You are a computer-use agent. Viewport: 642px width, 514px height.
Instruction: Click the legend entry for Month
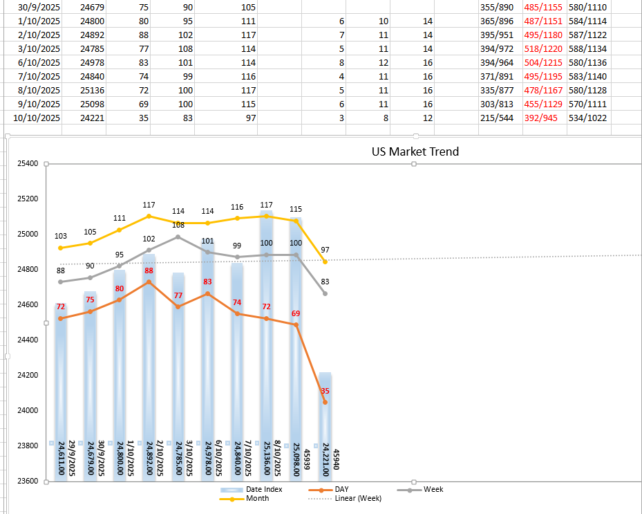[258, 499]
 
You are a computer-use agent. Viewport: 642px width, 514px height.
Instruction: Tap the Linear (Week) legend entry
[358, 499]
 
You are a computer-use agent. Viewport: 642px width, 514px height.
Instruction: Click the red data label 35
[325, 392]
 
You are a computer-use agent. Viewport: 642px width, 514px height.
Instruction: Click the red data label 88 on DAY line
[148, 271]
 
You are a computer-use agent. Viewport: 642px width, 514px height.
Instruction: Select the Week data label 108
[178, 225]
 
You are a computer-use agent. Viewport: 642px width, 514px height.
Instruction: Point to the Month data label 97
[325, 250]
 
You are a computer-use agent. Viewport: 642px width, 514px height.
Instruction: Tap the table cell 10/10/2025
[37, 118]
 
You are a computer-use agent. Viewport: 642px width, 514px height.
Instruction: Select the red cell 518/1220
[544, 49]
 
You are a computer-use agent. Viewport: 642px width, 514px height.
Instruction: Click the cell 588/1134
[587, 49]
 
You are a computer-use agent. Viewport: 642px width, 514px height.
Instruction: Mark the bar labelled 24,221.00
[325, 415]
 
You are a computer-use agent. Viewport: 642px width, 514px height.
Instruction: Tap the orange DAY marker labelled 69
[296, 324]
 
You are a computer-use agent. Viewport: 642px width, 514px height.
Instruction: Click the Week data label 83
[325, 282]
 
